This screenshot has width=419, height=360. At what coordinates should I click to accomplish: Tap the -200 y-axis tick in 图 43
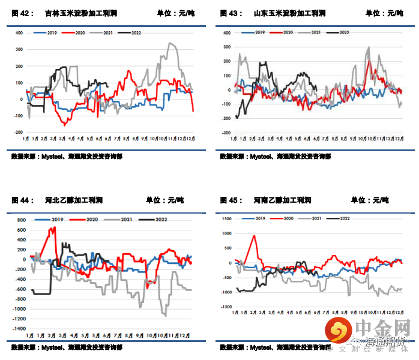tap(226, 118)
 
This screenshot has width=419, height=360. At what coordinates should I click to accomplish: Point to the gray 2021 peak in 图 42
tap(172, 44)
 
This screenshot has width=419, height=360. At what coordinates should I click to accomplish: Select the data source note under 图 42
tap(67, 157)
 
